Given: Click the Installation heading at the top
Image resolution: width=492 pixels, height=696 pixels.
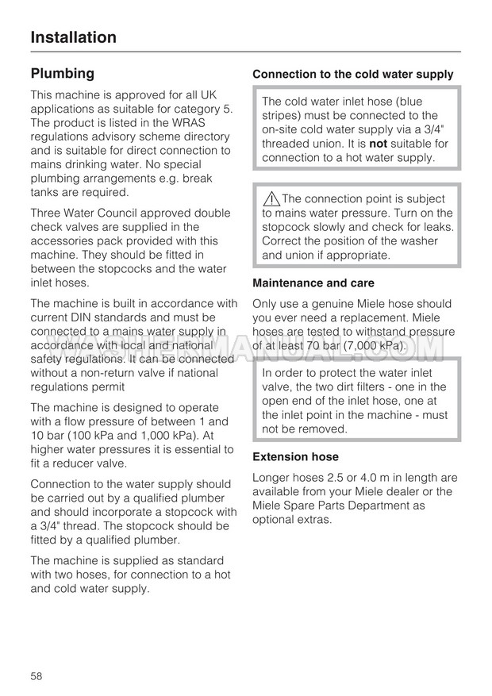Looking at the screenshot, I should coord(73,37).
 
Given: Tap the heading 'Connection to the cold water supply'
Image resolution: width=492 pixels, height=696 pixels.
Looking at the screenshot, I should coord(353,75).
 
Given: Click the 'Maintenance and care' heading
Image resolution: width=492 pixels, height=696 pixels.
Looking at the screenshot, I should coord(313,283).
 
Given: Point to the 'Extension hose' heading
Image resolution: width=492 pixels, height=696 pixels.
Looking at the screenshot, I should coord(295,457).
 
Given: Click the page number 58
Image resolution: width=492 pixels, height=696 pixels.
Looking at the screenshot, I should coord(37,676).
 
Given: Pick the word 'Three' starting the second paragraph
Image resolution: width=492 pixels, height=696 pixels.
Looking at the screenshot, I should coord(47,213).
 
